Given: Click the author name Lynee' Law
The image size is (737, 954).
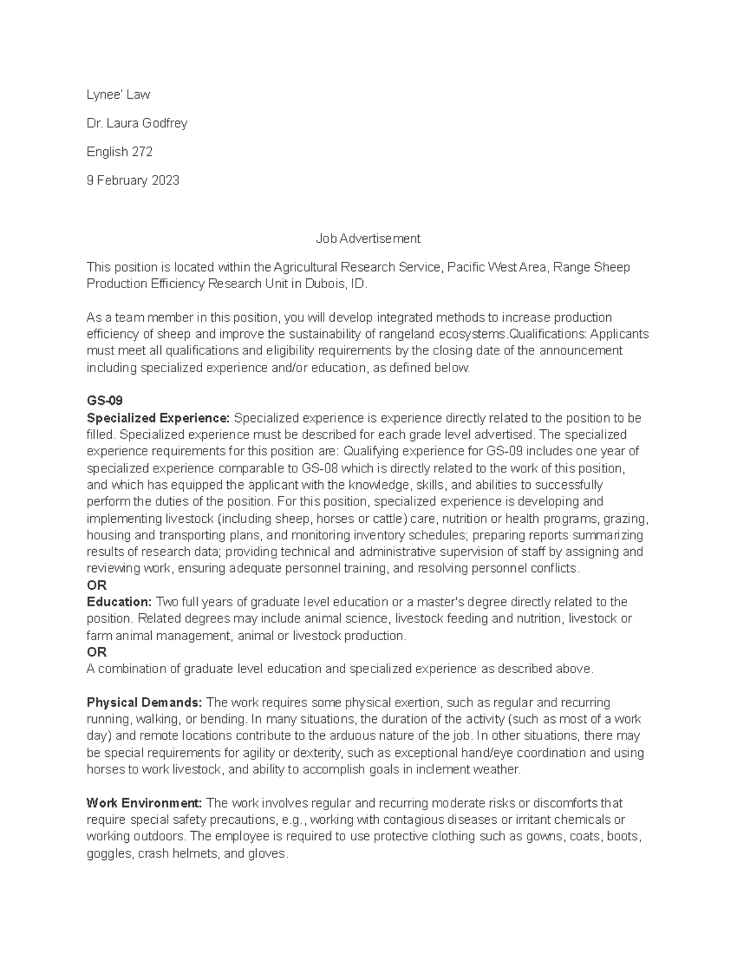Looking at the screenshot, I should [118, 95].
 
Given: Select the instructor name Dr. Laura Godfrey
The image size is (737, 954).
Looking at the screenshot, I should [137, 123].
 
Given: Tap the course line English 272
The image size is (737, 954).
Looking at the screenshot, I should [120, 152].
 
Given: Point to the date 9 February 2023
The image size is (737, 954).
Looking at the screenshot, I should [133, 181].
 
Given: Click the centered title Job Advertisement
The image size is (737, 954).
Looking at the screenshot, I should [368, 238].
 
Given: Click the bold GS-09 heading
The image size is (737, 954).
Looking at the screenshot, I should [105, 401].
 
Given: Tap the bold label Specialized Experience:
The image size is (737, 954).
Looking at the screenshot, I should [158, 418].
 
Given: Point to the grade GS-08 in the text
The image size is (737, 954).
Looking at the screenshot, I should [320, 468].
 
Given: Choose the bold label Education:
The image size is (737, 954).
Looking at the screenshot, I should [119, 602].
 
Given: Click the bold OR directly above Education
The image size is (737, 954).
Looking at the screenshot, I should [97, 585].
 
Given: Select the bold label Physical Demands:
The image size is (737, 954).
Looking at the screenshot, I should [144, 703].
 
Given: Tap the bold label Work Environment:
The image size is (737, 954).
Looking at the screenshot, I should [144, 803].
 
